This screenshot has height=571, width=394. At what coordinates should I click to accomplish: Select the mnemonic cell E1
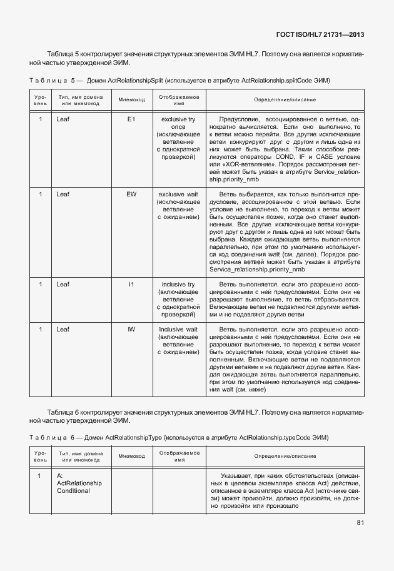click(x=131, y=119)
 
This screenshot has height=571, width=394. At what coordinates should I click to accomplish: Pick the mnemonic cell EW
click(x=131, y=195)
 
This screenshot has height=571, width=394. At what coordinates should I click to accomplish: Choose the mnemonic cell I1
click(x=131, y=285)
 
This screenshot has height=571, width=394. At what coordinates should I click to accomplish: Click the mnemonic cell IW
click(x=131, y=329)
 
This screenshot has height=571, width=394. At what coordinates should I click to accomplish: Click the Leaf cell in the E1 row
click(x=63, y=119)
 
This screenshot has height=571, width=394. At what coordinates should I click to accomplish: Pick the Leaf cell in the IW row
click(x=63, y=329)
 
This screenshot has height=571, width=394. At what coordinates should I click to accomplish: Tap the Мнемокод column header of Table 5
click(x=131, y=100)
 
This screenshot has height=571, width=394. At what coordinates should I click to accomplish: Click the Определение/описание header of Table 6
click(x=285, y=456)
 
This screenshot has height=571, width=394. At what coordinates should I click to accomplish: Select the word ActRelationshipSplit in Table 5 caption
click(x=134, y=81)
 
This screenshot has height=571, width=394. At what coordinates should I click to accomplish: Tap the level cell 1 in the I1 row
click(x=41, y=285)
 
